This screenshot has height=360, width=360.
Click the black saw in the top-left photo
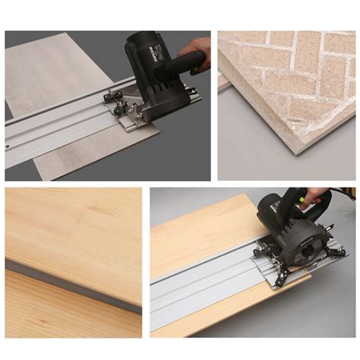tap(156, 72)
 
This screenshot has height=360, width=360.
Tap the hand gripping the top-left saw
tap(196, 52)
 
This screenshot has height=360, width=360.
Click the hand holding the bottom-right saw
tap(314, 196)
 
